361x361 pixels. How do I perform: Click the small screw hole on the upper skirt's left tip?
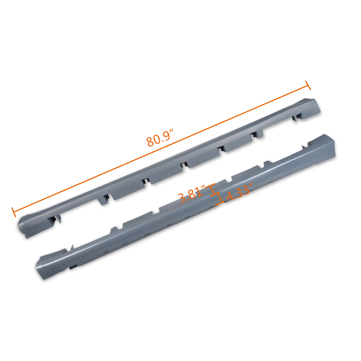point(26,236)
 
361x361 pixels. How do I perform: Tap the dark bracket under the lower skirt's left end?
point(73,267)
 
